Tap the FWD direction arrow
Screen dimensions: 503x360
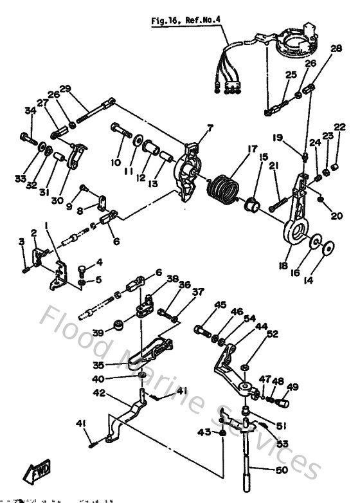(38, 474)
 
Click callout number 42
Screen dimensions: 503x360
(99, 392)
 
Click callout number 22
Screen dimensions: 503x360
(339, 127)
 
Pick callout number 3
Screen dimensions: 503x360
(21, 241)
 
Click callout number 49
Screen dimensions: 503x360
(292, 387)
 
